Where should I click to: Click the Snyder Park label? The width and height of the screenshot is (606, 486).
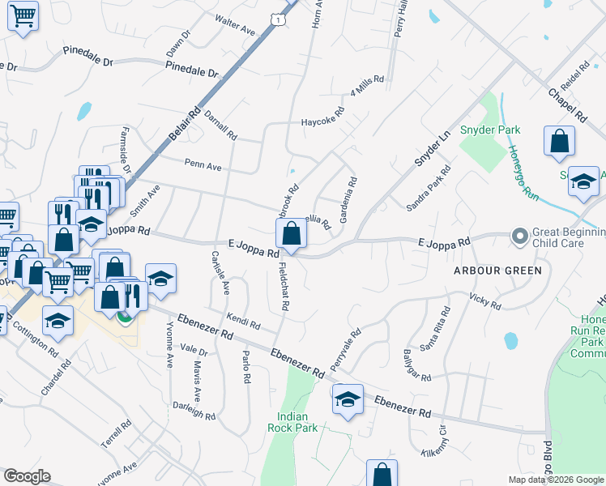490,130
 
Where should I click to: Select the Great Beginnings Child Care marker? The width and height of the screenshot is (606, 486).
520,236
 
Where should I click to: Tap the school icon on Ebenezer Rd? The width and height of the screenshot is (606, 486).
348,399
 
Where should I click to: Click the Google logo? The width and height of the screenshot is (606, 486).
27,476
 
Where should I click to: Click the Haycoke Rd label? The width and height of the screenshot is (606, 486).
324,120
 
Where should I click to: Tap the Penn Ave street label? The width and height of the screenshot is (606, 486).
203,166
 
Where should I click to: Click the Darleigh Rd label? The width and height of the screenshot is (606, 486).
194,411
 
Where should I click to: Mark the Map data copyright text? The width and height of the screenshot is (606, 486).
557,480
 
